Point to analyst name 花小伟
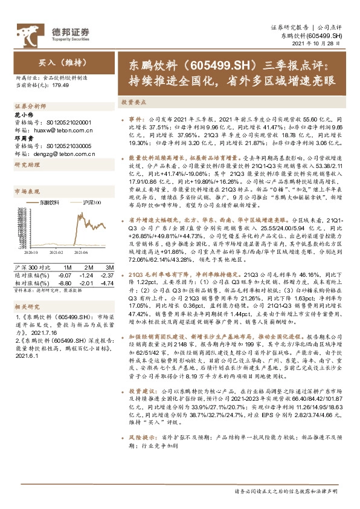[22, 114]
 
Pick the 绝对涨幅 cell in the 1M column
[67, 273]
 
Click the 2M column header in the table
[89, 266]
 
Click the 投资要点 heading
[132, 103]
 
